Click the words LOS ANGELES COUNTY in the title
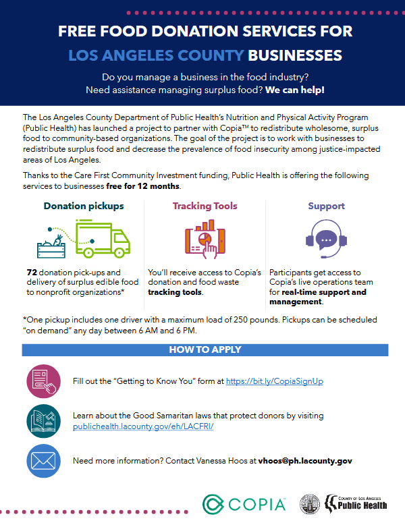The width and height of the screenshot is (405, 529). tap(157, 55)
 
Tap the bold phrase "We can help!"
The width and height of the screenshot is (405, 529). tap(295, 90)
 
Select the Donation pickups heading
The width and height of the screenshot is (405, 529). tap(84, 206)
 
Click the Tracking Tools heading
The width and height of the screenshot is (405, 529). tap(205, 206)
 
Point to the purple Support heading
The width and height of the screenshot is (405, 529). tap(327, 206)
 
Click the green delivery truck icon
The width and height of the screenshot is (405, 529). tap(101, 241)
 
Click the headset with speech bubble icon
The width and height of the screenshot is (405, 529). tap(327, 240)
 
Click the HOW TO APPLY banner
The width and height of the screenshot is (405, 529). tap(205, 350)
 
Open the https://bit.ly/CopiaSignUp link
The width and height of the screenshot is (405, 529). tap(275, 381)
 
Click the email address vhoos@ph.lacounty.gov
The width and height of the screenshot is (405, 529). tap(296, 461)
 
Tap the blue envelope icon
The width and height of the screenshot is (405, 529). tap(43, 461)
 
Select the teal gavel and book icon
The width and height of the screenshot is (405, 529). tap(43, 420)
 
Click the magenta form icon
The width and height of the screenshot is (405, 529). tap(43, 381)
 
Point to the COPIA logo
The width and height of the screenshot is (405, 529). tap(244, 504)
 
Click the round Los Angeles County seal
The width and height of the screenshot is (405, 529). tap(310, 504)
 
